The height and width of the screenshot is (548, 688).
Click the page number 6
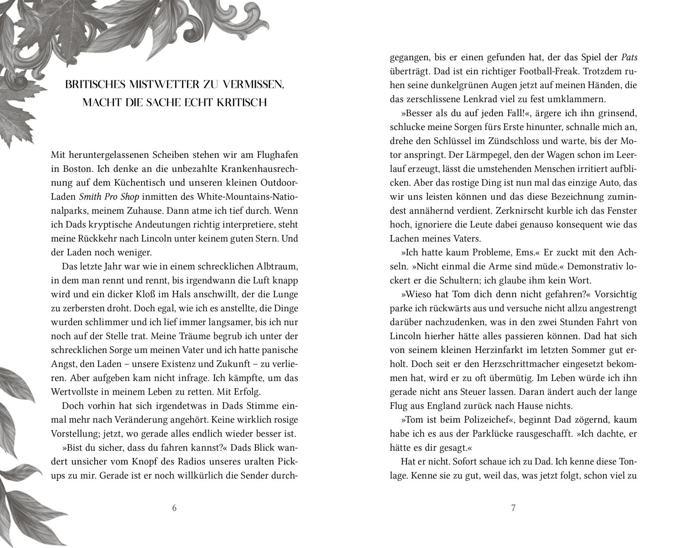[174, 508]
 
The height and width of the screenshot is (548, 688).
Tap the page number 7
[513, 508]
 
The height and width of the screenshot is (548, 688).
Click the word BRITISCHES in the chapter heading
[95, 84]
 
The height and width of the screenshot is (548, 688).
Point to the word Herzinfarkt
[515, 350]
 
